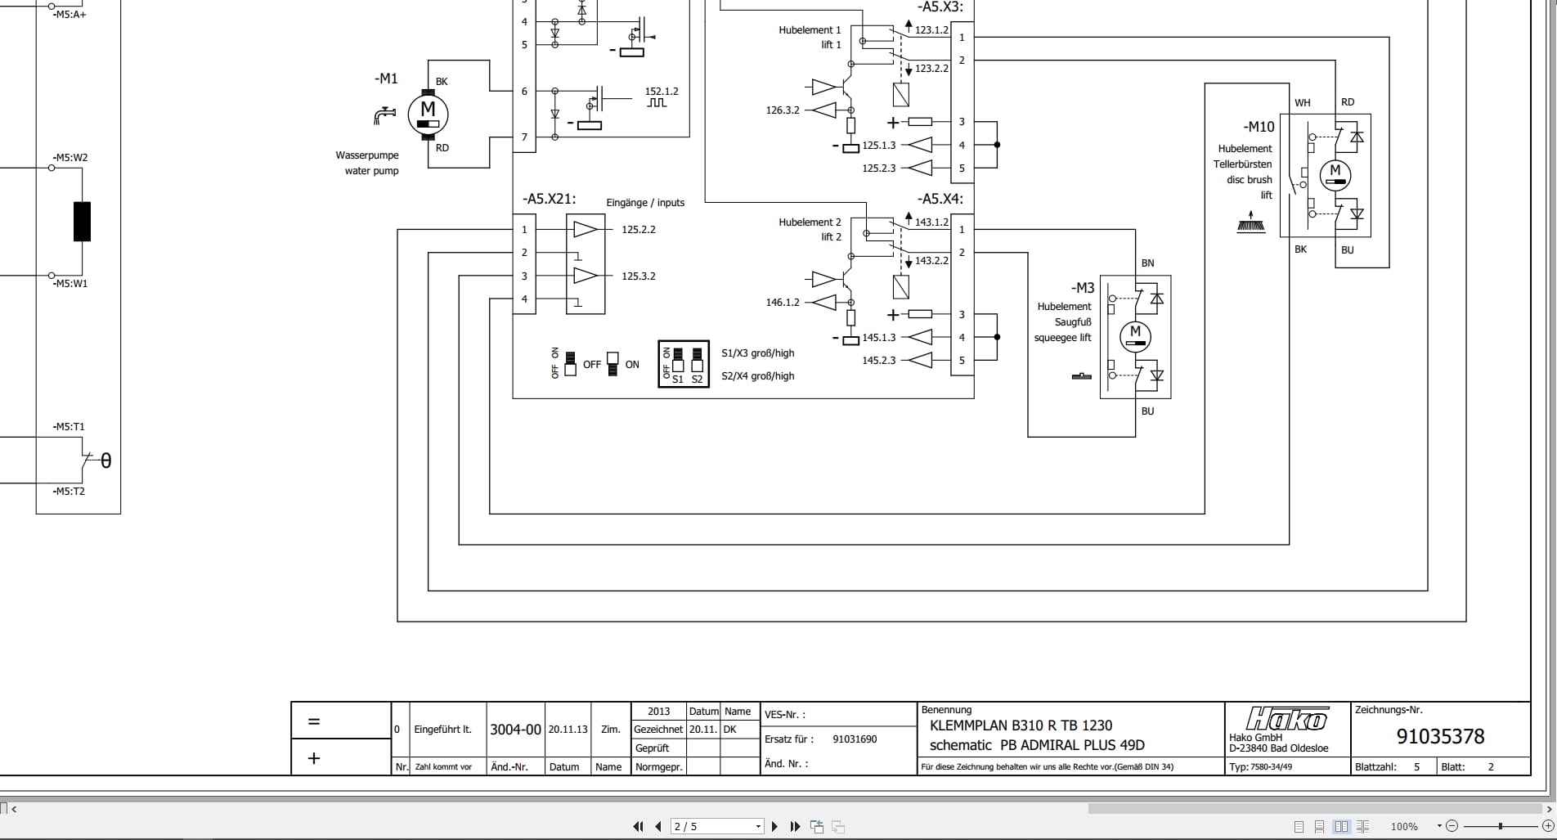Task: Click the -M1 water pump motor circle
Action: (428, 114)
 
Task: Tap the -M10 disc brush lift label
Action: (1259, 127)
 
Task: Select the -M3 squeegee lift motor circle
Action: (1135, 335)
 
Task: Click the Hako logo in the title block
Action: (1286, 719)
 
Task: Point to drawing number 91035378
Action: (1439, 736)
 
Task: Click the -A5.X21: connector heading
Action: (549, 199)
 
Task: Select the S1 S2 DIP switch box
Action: (684, 364)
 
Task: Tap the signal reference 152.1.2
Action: (662, 92)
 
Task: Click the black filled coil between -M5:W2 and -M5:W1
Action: (82, 221)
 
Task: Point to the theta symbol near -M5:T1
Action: (105, 461)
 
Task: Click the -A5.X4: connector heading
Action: (940, 199)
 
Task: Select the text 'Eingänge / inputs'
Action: (645, 203)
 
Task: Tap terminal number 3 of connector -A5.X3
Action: (962, 122)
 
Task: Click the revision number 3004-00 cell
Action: (515, 730)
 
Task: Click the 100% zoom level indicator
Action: (1404, 827)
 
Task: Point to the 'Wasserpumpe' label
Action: (367, 155)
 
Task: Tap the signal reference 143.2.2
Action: (931, 261)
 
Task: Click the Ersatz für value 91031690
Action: (855, 739)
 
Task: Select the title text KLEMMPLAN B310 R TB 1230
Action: (1021, 725)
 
